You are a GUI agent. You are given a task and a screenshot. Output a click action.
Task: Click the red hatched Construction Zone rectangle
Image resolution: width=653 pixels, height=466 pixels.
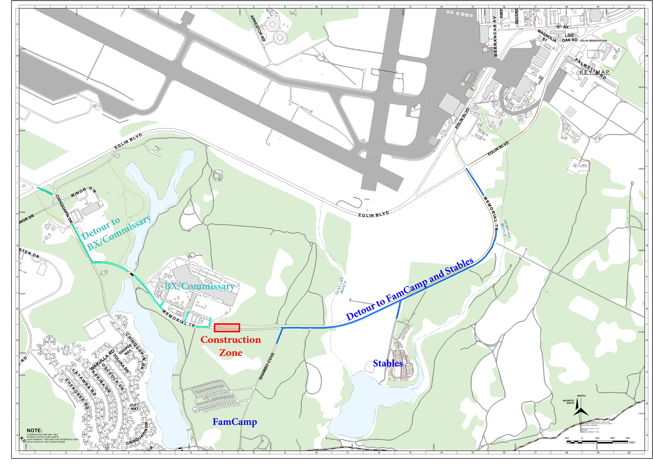227,327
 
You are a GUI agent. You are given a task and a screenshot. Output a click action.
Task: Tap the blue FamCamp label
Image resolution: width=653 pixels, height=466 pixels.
234,422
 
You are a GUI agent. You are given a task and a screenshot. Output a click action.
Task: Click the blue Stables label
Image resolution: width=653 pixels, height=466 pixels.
388,363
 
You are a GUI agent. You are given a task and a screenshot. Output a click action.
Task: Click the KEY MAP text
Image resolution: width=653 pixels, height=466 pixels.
594,72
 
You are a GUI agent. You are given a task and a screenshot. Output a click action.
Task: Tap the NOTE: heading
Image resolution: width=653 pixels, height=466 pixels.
34,431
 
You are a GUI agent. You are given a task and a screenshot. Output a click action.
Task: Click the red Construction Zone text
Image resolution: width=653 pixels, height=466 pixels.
231,346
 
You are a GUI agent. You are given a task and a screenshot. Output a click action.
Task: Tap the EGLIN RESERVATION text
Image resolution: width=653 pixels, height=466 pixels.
593,41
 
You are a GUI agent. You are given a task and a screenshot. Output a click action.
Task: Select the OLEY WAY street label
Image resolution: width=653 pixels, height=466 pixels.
134,407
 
